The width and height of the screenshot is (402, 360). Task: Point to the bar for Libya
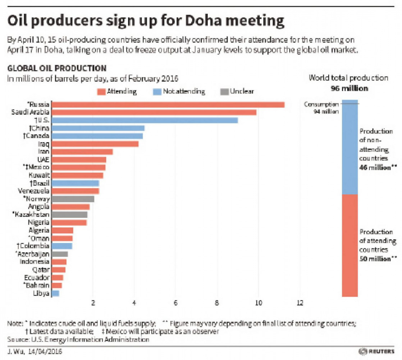55,293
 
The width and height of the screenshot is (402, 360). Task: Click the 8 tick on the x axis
217,303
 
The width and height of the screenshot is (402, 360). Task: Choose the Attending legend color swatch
101,91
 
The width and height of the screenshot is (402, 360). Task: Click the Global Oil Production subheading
57,68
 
